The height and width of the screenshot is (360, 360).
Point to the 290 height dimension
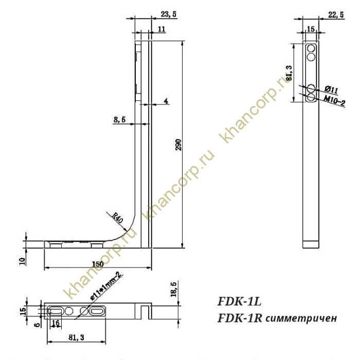point(178,146)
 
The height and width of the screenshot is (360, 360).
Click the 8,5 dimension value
point(120,120)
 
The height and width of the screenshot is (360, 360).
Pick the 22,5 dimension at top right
point(336,15)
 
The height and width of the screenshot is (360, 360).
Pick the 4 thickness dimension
point(166,101)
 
